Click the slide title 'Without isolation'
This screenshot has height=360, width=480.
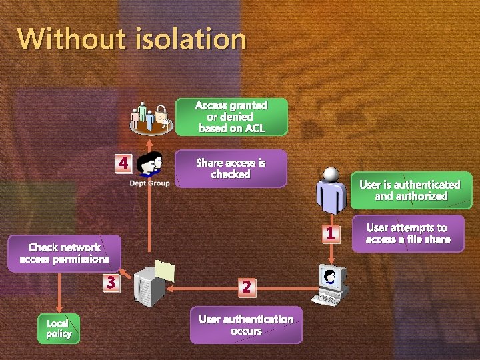click(x=131, y=39)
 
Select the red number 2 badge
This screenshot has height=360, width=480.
click(x=246, y=286)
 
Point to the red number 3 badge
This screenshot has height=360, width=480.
click(x=111, y=283)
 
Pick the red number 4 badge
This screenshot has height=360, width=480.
click(x=123, y=162)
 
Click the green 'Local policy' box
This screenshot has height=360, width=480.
click(x=59, y=328)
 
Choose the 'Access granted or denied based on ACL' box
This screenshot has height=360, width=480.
click(x=231, y=117)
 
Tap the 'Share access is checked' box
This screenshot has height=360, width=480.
click(x=231, y=168)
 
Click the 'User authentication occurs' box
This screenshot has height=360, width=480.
click(x=245, y=325)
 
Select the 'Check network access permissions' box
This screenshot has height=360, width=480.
click(x=64, y=253)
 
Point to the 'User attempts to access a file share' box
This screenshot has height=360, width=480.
click(x=408, y=233)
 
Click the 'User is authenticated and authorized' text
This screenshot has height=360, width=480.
click(x=409, y=190)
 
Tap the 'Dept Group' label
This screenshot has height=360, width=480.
click(x=149, y=183)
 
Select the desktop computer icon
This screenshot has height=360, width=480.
click(x=332, y=283)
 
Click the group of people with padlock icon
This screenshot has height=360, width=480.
click(x=151, y=117)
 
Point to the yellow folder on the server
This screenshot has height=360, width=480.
click(x=164, y=269)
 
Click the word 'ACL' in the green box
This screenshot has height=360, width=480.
click(x=255, y=128)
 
